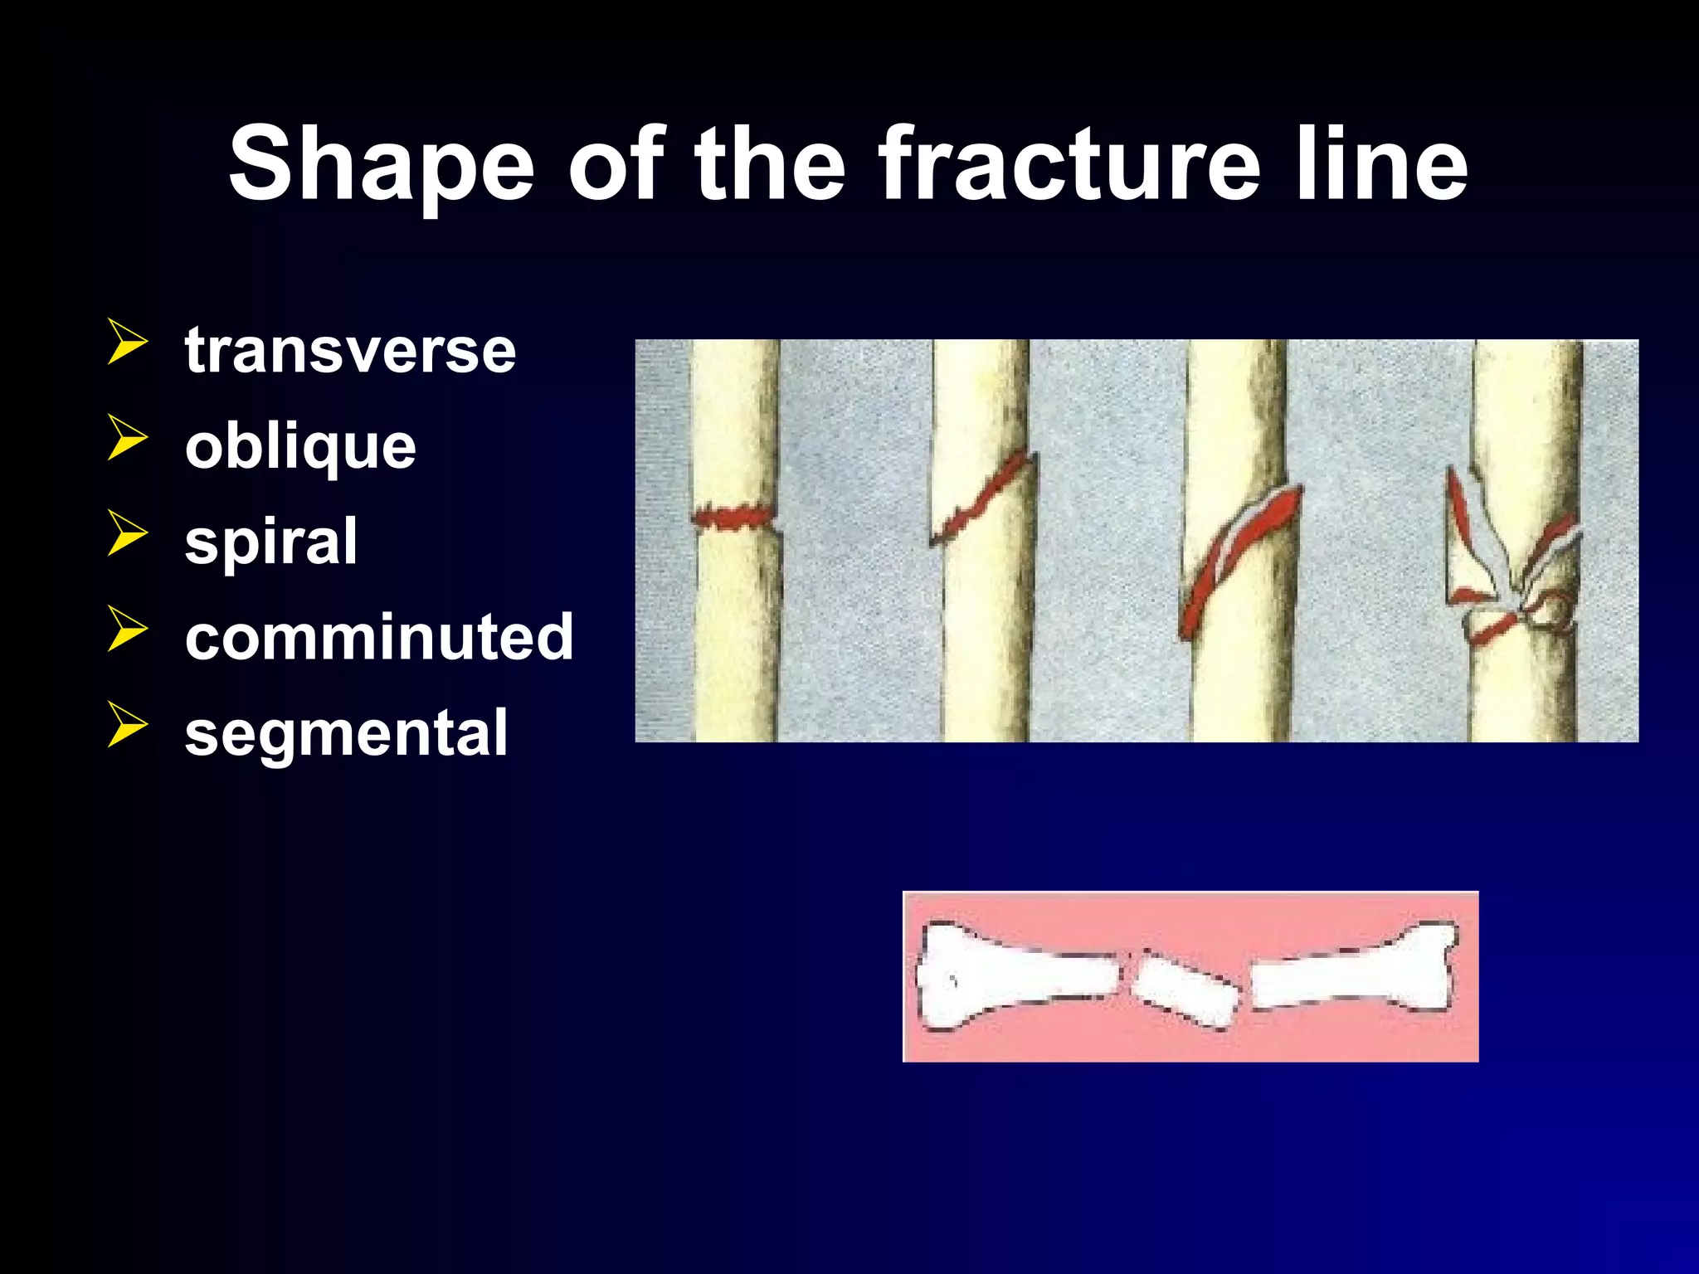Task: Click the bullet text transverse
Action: click(x=350, y=350)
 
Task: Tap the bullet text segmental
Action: click(x=346, y=733)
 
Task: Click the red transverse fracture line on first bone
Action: click(x=733, y=518)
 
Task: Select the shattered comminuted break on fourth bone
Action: click(x=1514, y=572)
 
